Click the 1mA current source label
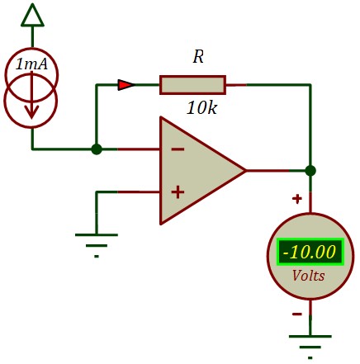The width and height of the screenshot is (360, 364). point(31,64)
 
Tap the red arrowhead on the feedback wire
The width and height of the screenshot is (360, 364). point(126,85)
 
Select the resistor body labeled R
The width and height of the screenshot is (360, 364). point(192,85)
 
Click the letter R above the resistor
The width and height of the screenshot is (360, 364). point(198,57)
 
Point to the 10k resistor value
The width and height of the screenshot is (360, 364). point(201,107)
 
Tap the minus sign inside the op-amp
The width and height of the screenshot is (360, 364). point(178,149)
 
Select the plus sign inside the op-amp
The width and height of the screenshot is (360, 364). point(178,192)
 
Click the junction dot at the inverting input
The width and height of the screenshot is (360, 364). point(97,149)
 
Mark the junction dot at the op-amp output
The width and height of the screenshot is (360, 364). point(310,171)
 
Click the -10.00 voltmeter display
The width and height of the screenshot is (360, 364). point(310,252)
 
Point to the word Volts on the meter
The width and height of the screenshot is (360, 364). point(308,276)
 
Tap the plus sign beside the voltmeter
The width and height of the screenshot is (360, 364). point(297,199)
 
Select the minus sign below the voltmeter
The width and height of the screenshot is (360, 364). point(297,314)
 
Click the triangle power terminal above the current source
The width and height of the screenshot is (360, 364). point(32,16)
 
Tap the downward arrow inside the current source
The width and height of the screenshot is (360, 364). point(32,95)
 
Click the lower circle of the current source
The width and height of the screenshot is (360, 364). point(31,101)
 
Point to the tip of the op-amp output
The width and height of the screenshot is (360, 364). point(245,171)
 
